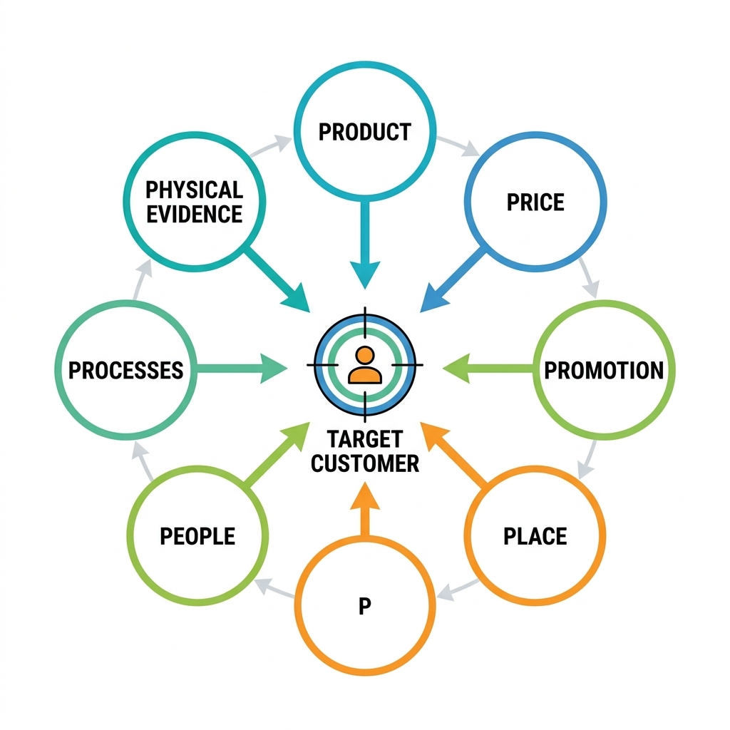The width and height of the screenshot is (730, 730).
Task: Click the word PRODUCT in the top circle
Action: pos(364,132)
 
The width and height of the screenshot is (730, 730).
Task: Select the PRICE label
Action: pos(535,202)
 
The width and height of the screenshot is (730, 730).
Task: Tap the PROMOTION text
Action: pos(604,371)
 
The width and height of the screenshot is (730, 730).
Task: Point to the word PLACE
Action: pos(535,536)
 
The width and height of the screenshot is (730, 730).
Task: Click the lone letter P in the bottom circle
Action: pos(364,606)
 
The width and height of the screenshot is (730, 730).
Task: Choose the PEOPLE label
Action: pos(197,536)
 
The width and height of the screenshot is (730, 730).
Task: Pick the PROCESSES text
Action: pos(125,371)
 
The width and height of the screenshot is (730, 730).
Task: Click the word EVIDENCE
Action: pos(194,214)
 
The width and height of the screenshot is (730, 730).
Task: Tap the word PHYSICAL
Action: pos(194,190)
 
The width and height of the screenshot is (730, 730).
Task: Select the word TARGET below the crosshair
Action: pos(364,439)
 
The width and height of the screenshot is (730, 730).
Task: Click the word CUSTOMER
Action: pos(364,463)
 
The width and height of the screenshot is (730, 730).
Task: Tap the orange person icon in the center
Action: pos(364,366)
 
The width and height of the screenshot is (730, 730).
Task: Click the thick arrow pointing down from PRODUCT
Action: pos(365,245)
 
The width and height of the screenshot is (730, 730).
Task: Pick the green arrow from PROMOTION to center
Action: pos(488,369)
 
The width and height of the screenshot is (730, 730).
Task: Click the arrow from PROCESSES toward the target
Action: pos(242,369)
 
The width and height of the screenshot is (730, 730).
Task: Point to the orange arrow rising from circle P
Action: pos(365,509)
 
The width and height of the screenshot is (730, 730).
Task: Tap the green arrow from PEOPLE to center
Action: pos(277,454)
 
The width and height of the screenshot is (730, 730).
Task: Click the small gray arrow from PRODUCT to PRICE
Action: pos(458,145)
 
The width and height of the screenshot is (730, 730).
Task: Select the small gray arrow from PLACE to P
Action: pos(458,590)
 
